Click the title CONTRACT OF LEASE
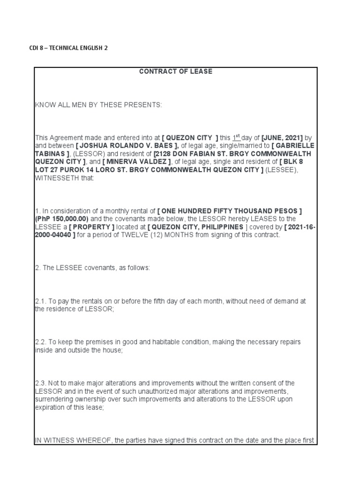tap(176, 72)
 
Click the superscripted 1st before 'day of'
tap(237, 137)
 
